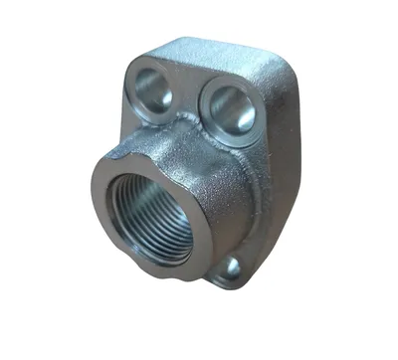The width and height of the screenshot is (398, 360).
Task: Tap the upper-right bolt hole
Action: [228, 103]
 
